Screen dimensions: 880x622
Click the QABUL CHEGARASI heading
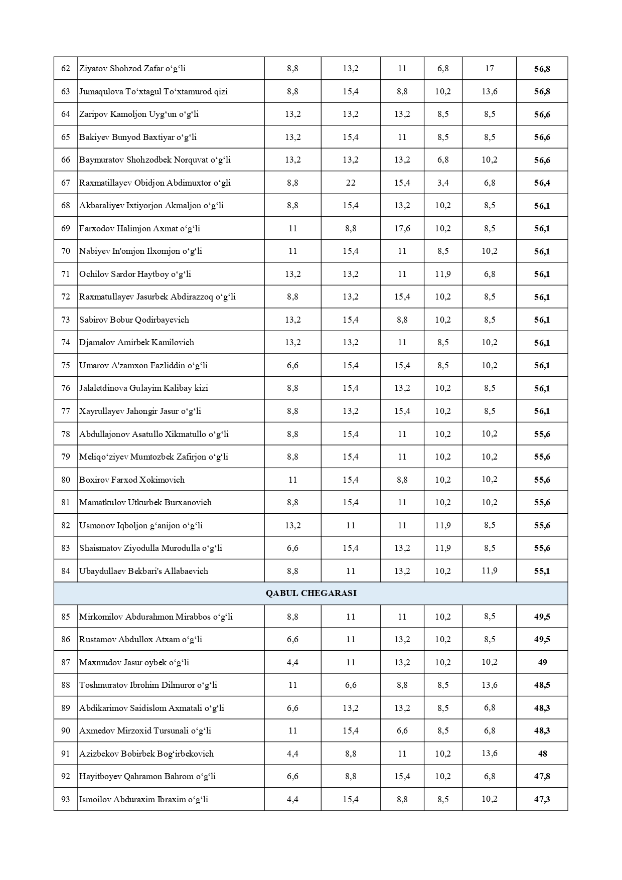pyautogui.click(x=311, y=593)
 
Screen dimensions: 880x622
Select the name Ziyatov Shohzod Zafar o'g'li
pyautogui.click(x=132, y=68)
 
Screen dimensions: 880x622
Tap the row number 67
pyautogui.click(x=66, y=183)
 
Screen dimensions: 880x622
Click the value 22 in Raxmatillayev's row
pyautogui.click(x=351, y=183)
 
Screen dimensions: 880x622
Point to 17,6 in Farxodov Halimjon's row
pyautogui.click(x=402, y=228)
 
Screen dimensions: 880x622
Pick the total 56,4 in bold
pyautogui.click(x=542, y=183)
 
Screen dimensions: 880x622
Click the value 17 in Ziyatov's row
pyautogui.click(x=489, y=68)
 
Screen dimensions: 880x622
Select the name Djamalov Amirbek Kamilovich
pyautogui.click(x=136, y=342)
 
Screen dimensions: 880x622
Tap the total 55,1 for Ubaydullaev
pyautogui.click(x=542, y=571)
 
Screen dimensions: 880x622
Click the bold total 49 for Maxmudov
pyautogui.click(x=542, y=662)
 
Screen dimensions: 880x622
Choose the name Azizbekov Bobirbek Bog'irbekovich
pyautogui.click(x=146, y=754)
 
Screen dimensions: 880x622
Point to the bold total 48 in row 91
pyautogui.click(x=542, y=754)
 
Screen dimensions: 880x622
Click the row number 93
pyautogui.click(x=66, y=799)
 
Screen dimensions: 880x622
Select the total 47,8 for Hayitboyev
pyautogui.click(x=542, y=776)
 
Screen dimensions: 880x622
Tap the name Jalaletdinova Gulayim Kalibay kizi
pyautogui.click(x=143, y=388)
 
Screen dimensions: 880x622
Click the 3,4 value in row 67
pyautogui.click(x=442, y=183)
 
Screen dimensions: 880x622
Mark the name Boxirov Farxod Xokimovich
pyautogui.click(x=132, y=480)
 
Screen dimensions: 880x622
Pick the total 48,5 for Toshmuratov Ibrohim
pyautogui.click(x=542, y=685)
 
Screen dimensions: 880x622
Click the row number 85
pyautogui.click(x=66, y=617)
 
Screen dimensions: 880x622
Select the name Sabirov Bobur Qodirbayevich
pyautogui.click(x=134, y=320)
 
